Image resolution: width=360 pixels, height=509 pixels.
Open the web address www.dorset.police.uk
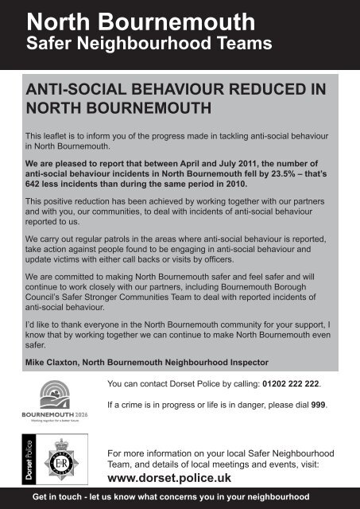tap(173, 478)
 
